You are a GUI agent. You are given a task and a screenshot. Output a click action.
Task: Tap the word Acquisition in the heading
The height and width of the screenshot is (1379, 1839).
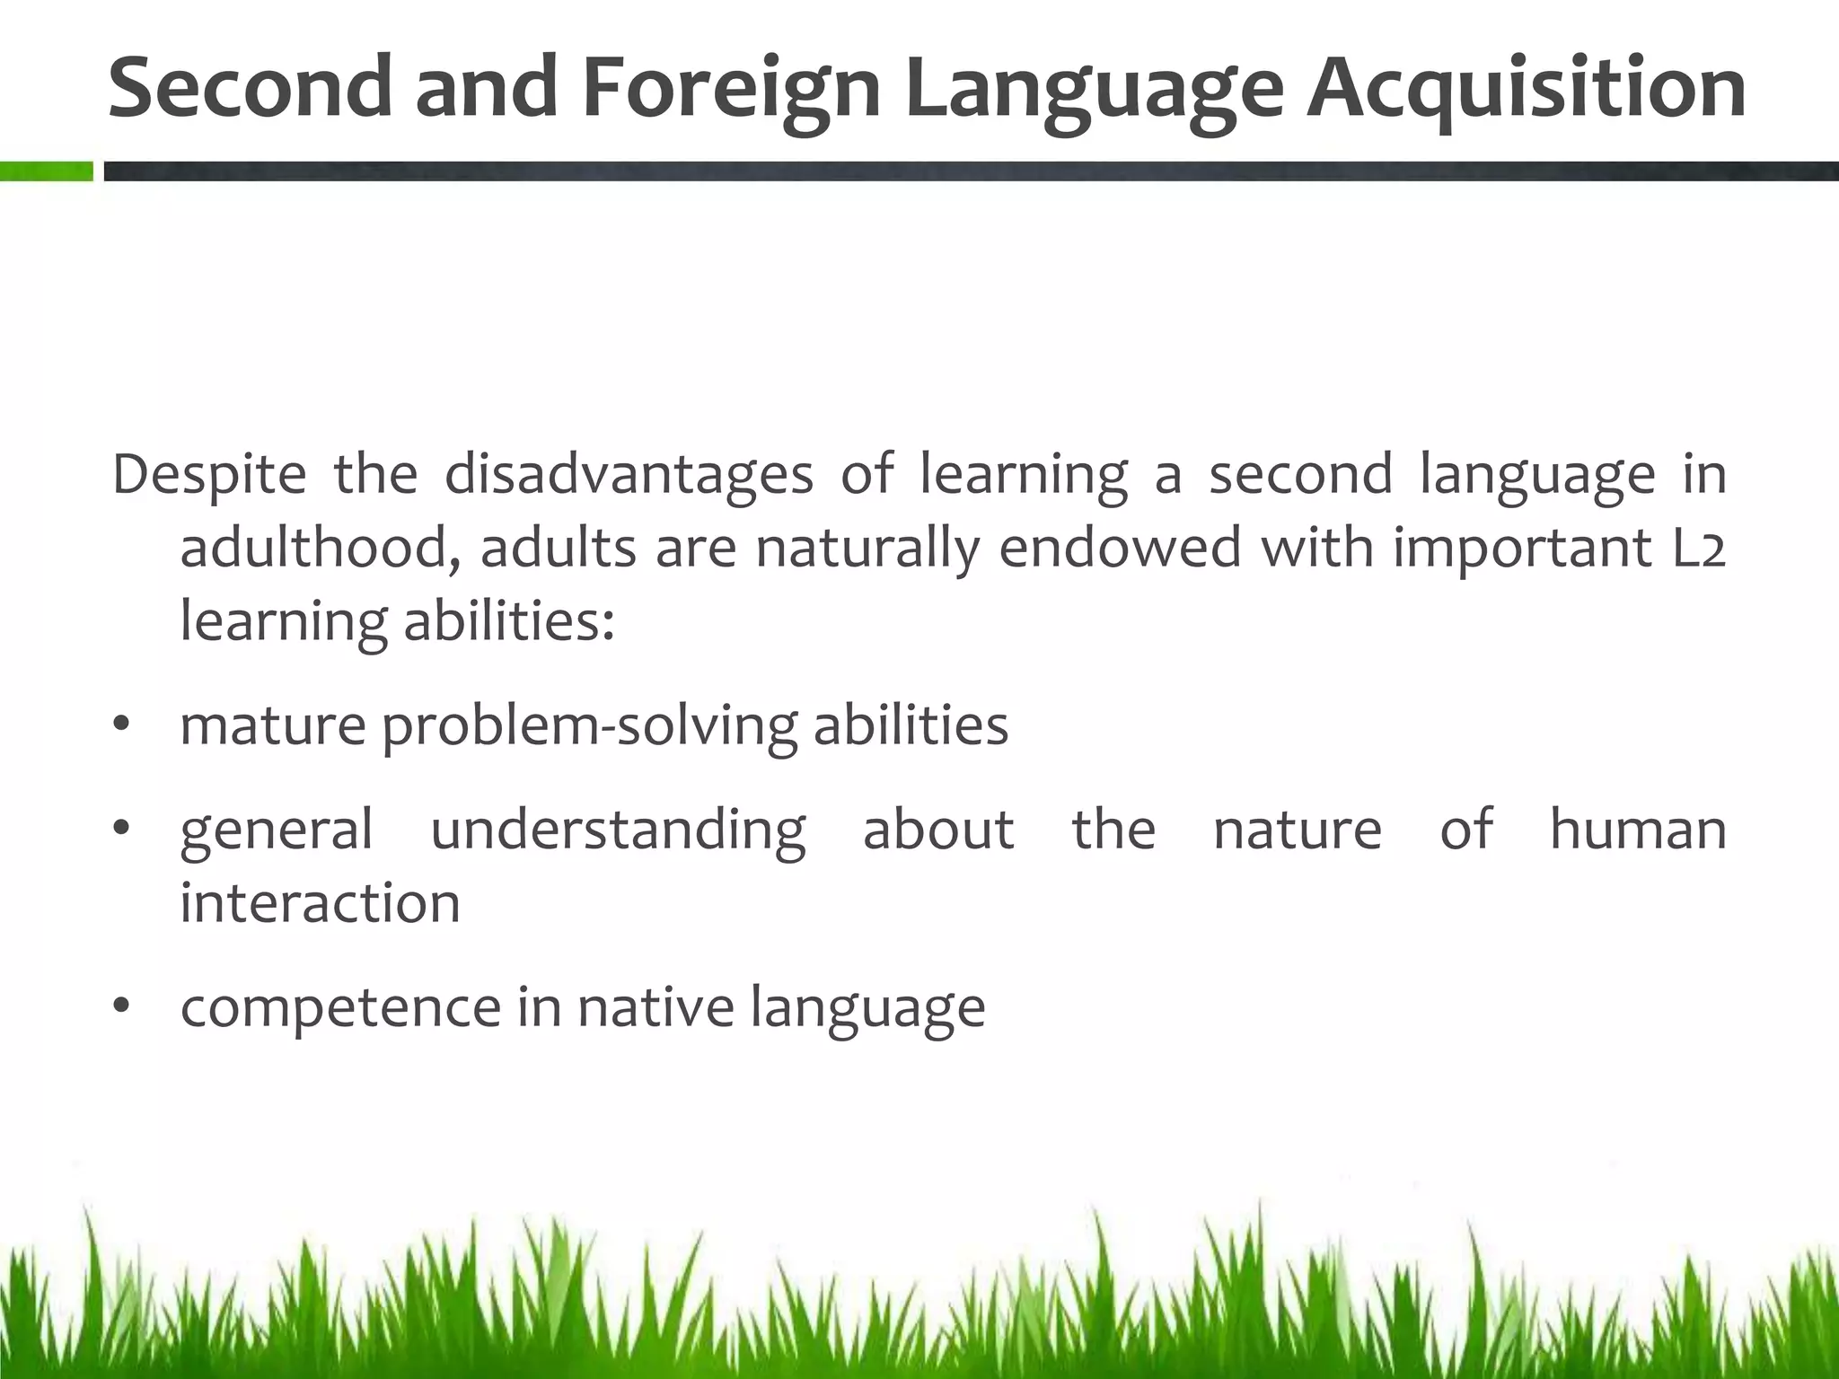coord(1525,88)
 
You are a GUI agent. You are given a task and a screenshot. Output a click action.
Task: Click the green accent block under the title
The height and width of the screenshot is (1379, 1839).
coord(46,171)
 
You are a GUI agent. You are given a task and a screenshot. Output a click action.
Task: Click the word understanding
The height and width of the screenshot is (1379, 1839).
coord(618,830)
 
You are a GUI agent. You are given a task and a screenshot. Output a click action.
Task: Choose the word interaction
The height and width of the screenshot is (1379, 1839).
coord(320,902)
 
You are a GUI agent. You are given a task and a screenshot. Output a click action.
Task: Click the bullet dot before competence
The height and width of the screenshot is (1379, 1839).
coord(122,1006)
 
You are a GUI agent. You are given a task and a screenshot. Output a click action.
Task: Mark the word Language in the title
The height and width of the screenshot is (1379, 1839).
coord(1094,88)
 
